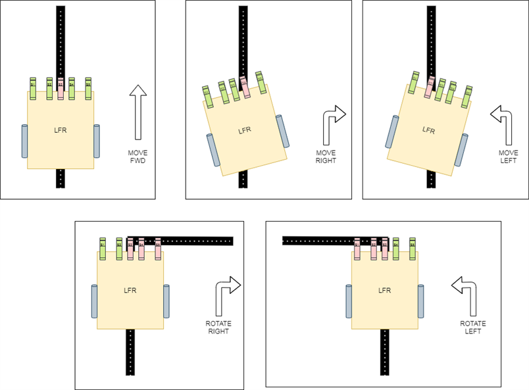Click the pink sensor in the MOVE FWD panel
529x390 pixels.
pyautogui.click(x=61, y=88)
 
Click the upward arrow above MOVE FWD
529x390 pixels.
pyautogui.click(x=138, y=112)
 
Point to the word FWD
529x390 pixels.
pyautogui.click(x=138, y=160)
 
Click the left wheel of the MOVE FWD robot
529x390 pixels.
pyautogui.click(x=25, y=140)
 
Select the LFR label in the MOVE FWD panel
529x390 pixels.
pyautogui.click(x=60, y=130)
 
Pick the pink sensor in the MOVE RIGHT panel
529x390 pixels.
pyautogui.click(x=245, y=86)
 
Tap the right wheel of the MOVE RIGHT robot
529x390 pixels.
pyautogui.click(x=284, y=131)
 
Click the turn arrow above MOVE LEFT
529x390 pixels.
pyautogui.click(x=503, y=122)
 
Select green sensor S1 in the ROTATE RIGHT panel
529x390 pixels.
pyautogui.click(x=103, y=247)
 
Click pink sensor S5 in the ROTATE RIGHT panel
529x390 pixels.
pyautogui.click(x=158, y=247)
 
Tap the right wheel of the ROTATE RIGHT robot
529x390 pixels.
pyautogui.click(x=166, y=301)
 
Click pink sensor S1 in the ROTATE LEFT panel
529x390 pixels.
pyautogui.click(x=357, y=248)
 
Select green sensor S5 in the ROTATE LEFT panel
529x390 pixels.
pyautogui.click(x=413, y=248)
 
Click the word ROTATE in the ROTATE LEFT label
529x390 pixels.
pyautogui.click(x=472, y=323)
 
